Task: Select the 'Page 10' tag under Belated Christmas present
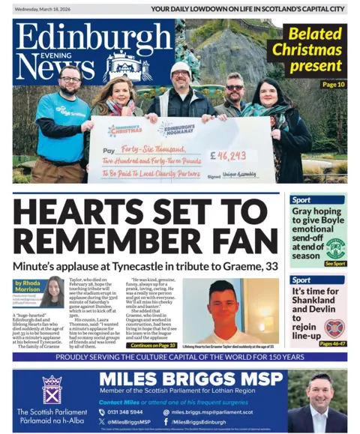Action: pyautogui.click(x=333, y=85)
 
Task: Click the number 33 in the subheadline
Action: pyautogui.click(x=268, y=265)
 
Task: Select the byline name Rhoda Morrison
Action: pyautogui.click(x=29, y=288)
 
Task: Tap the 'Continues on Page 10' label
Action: pyautogui.click(x=154, y=346)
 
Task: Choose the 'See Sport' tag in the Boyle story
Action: pyautogui.click(x=334, y=264)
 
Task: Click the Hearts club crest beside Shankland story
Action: pyautogui.click(x=334, y=327)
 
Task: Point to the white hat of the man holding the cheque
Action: pyautogui.click(x=181, y=67)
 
